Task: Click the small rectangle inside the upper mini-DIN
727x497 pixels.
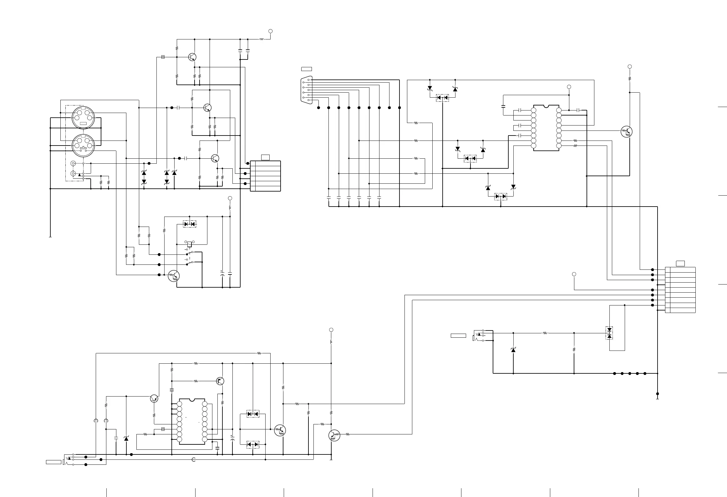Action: [x=83, y=124]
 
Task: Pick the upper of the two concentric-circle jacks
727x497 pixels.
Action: [x=73, y=163]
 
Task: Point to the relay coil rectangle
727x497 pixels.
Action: [x=189, y=244]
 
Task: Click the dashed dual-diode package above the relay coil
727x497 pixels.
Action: [x=190, y=224]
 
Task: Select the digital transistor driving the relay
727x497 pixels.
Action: [x=174, y=276]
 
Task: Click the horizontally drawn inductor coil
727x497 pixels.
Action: [x=262, y=39]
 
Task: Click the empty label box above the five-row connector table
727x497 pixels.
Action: [x=266, y=157]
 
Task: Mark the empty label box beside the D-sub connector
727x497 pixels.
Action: [x=307, y=69]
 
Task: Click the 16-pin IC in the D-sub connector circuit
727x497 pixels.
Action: [x=546, y=128]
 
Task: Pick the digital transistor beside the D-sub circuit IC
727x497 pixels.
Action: [x=626, y=131]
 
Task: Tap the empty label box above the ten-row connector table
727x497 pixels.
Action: [x=680, y=264]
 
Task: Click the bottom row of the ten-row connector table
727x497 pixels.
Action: [x=680, y=310]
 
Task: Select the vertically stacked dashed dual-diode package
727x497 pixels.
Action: [x=609, y=333]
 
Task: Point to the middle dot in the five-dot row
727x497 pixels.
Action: [x=630, y=373]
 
